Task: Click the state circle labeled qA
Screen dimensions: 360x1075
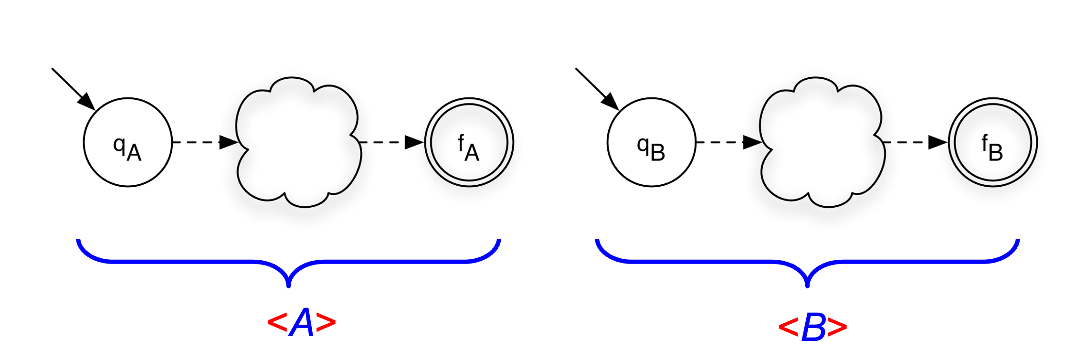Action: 127,142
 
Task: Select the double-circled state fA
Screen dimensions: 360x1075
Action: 469,142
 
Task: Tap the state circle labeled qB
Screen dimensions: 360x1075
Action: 651,142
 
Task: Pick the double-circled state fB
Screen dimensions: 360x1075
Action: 992,142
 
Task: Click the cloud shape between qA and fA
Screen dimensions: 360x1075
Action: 299,142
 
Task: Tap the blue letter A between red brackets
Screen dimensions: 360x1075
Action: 302,323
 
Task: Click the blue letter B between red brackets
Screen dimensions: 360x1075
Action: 813,328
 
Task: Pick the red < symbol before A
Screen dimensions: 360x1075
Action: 277,323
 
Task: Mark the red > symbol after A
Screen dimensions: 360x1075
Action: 327,323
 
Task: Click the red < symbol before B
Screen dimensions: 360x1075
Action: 788,328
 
